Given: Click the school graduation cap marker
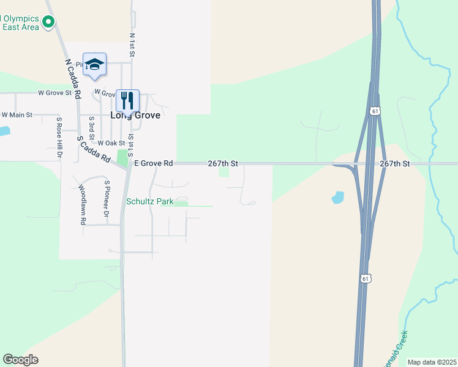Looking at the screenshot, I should pyautogui.click(x=94, y=64).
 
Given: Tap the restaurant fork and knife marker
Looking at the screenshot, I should pyautogui.click(x=127, y=99).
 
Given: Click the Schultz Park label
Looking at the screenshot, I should pyautogui.click(x=150, y=201).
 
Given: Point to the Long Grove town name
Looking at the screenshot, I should pyautogui.click(x=135, y=115).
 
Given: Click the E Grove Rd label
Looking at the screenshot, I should pyautogui.click(x=154, y=163).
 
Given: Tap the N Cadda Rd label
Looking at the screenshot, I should pyautogui.click(x=73, y=80).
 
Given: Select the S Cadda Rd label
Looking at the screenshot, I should pyautogui.click(x=94, y=149).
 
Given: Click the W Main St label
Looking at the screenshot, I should pyautogui.click(x=17, y=114).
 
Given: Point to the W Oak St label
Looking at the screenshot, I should pyautogui.click(x=111, y=143).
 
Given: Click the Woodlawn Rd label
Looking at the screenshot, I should pyautogui.click(x=82, y=205).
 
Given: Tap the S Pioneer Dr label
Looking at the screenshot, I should pyautogui.click(x=107, y=199).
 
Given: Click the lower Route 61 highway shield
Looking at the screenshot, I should pyautogui.click(x=366, y=278).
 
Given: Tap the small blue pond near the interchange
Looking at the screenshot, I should pyautogui.click(x=337, y=197).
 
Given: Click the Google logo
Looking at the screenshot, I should pyautogui.click(x=21, y=360).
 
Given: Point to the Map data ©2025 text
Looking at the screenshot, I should pyautogui.click(x=432, y=362).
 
